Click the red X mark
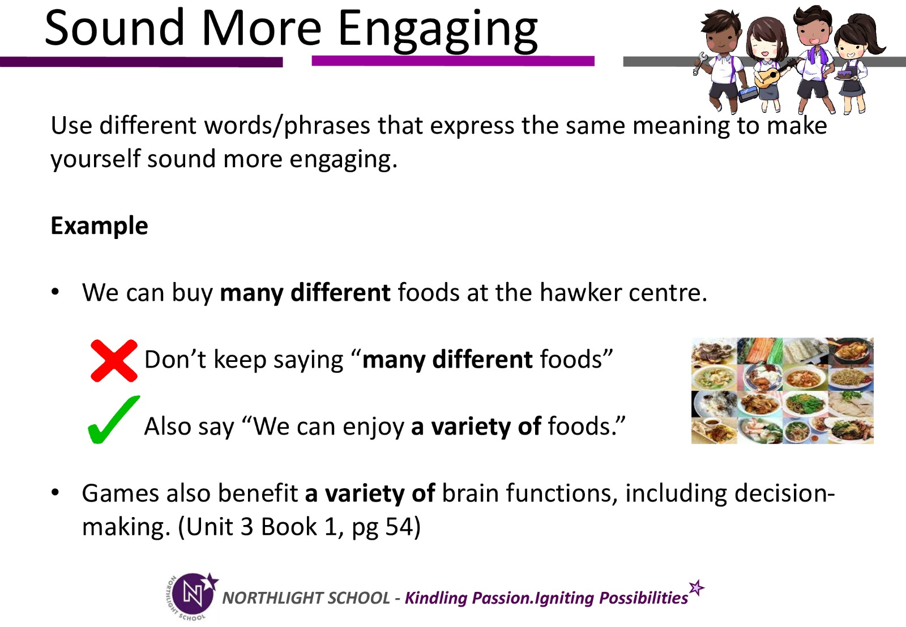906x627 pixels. coord(114,360)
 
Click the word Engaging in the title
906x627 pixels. coord(438,32)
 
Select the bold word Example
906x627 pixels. coord(99,226)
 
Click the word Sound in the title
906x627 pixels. coord(114,28)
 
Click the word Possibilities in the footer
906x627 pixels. coord(643,598)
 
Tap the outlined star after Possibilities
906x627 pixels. coord(696,588)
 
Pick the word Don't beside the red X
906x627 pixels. coord(175,359)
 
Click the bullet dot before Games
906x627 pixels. coord(55,493)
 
